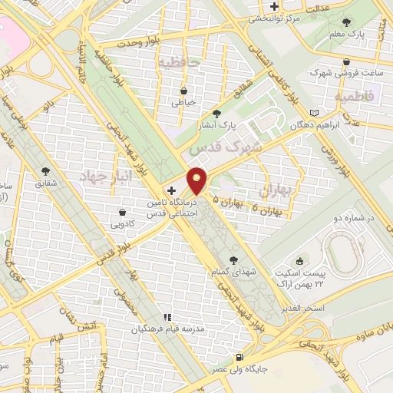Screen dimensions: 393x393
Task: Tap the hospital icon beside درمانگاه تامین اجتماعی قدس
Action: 171,190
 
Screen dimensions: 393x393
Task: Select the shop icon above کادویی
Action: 123,213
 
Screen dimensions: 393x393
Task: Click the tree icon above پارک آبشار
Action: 226,112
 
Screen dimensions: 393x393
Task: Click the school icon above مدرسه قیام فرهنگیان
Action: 166,317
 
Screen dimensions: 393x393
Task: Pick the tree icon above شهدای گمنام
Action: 233,260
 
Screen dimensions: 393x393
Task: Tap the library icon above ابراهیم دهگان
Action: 313,112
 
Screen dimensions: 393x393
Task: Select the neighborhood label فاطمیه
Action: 354,97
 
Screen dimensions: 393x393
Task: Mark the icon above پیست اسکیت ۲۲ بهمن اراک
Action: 301,262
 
